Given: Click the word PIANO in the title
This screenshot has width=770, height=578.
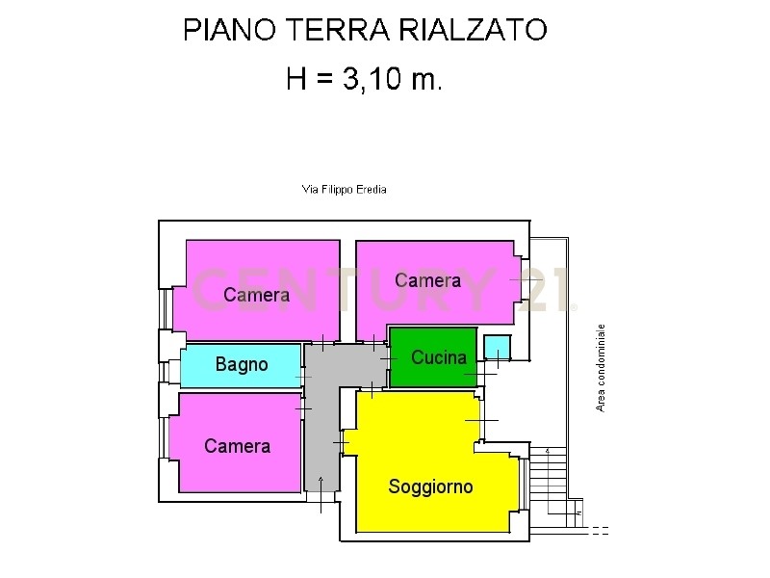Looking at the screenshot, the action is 230,30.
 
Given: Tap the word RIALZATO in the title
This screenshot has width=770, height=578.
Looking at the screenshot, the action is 473,30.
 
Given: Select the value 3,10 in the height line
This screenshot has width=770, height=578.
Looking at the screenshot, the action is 372,79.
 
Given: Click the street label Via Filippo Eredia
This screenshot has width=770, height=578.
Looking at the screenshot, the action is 345,189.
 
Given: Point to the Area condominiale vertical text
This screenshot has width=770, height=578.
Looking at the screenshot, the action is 600,368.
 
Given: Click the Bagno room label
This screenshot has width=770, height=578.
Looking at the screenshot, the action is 242,364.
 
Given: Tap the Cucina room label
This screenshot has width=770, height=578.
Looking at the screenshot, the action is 439,357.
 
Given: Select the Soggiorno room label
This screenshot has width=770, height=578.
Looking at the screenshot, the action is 430,486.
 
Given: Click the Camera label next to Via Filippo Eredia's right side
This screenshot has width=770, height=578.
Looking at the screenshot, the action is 427,280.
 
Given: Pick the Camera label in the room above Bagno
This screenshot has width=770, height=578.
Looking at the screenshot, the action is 256,295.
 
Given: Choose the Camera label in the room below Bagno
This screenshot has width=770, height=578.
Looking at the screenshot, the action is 237,446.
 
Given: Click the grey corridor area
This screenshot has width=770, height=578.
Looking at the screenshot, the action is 321,418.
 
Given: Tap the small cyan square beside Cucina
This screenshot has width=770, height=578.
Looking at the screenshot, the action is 497,347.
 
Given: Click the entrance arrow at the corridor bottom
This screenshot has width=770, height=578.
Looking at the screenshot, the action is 321,494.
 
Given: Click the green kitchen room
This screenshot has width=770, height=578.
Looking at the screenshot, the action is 433,357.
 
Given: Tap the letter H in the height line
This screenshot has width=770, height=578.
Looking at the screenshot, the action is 296,79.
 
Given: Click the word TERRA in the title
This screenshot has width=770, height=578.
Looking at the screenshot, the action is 338,30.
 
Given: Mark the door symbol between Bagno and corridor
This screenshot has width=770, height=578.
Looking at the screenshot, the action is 303,377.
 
